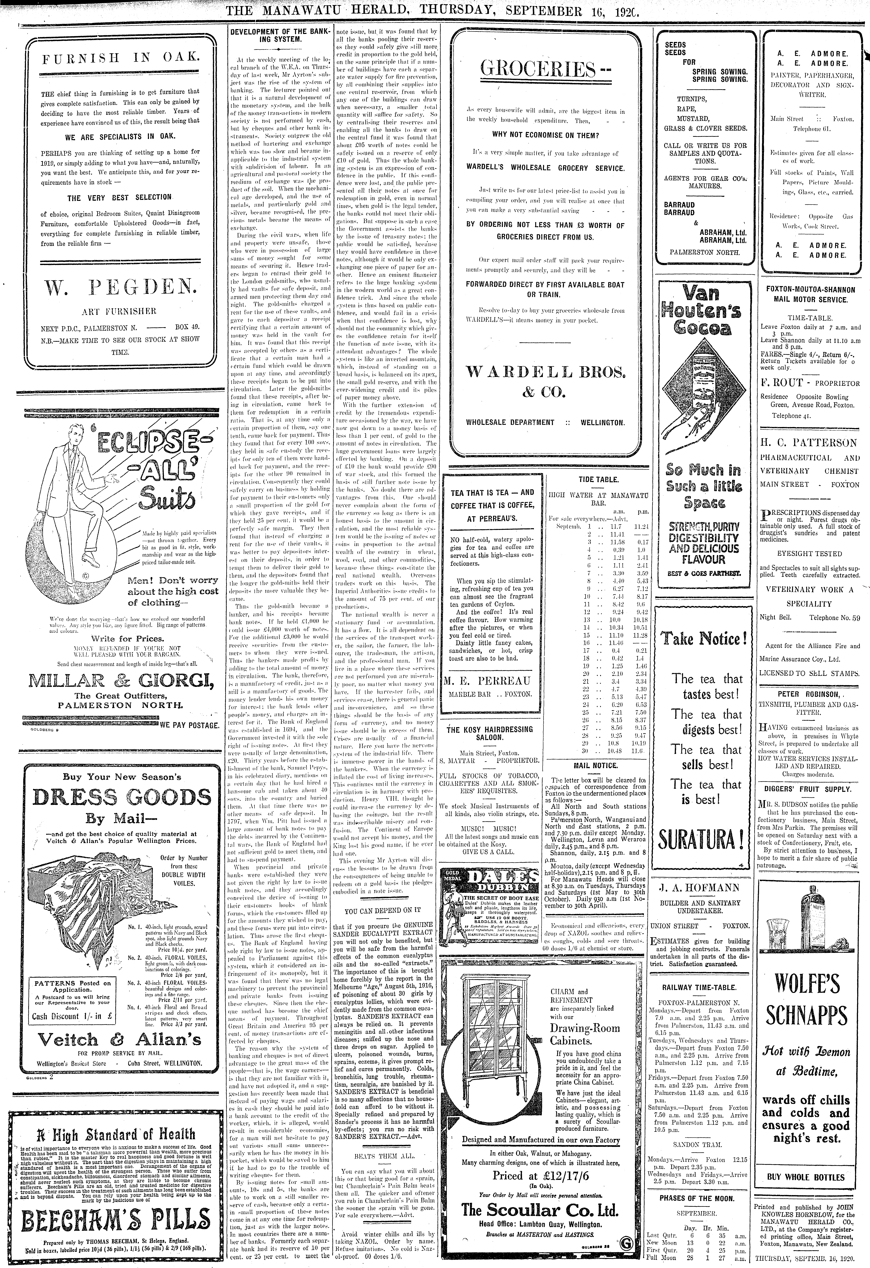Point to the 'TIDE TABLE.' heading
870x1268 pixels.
point(598,480)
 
